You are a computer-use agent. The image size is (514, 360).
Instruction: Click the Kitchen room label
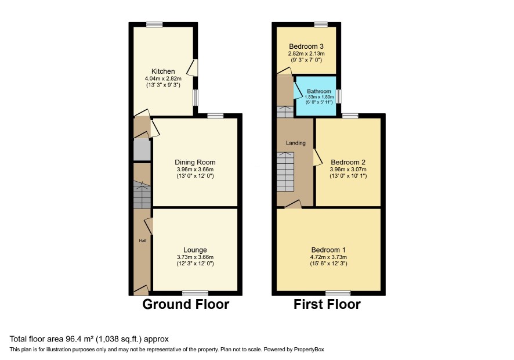click(x=163, y=71)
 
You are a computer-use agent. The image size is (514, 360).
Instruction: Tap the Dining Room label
click(x=195, y=162)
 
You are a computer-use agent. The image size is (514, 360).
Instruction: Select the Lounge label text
click(x=195, y=250)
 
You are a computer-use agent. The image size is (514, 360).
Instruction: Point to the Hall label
click(x=143, y=240)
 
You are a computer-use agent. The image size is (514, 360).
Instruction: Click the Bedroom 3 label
click(x=306, y=46)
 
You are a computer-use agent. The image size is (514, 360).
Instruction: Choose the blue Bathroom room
click(x=316, y=96)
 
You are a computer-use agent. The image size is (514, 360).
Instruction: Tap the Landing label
click(x=296, y=143)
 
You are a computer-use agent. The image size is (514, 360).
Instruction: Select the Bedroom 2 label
click(x=348, y=162)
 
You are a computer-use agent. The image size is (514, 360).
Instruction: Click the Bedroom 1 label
click(x=328, y=250)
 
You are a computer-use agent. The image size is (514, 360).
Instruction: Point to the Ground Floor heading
click(x=186, y=304)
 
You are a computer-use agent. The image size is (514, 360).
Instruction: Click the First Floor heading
click(x=327, y=304)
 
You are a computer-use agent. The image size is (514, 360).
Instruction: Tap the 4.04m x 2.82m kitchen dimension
click(x=163, y=79)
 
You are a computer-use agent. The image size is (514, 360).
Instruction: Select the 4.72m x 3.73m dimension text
click(x=328, y=257)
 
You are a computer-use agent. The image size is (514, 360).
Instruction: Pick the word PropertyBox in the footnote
click(x=309, y=350)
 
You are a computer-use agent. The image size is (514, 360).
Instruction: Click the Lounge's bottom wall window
click(x=195, y=293)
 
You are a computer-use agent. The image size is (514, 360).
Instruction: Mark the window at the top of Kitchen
click(x=154, y=24)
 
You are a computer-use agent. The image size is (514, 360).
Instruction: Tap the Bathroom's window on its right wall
click(x=339, y=96)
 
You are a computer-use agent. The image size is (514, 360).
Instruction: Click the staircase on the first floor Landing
click(x=285, y=172)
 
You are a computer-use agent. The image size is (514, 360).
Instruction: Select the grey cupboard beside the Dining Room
click(x=142, y=150)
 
